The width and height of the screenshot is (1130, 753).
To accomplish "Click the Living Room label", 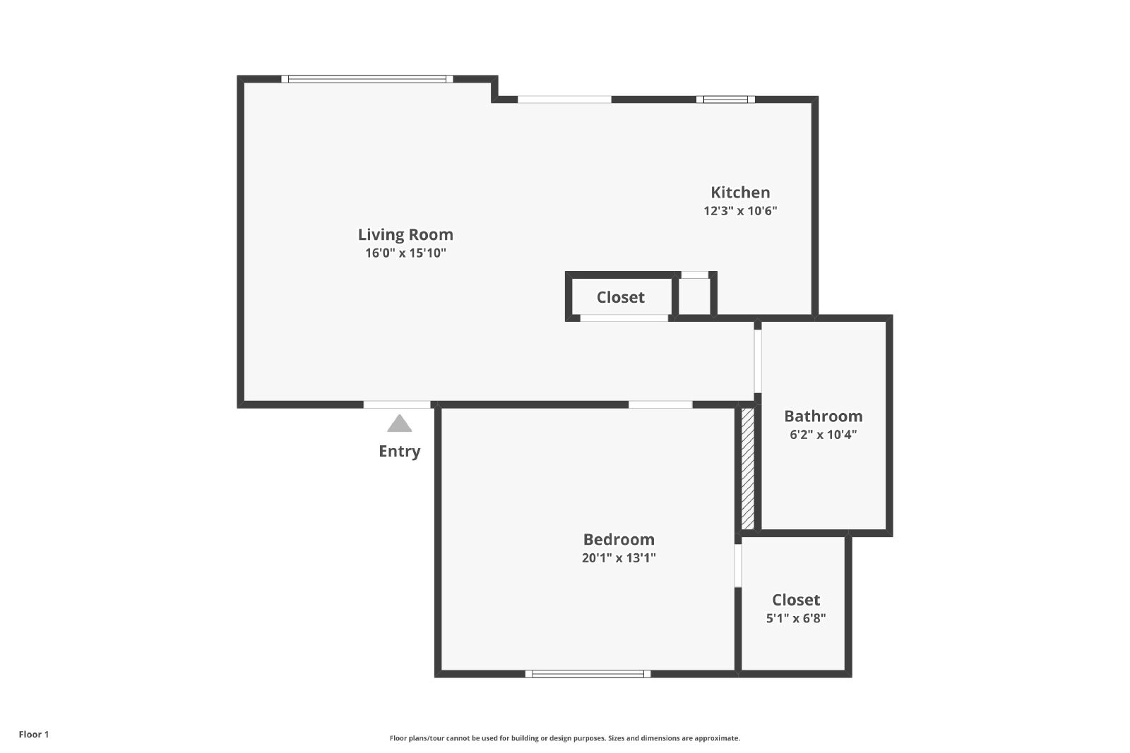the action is (x=405, y=235).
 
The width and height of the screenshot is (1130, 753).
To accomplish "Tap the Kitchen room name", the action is (x=740, y=193).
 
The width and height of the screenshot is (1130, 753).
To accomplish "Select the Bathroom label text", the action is (x=823, y=416).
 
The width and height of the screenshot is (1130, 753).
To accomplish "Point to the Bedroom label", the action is (x=619, y=539).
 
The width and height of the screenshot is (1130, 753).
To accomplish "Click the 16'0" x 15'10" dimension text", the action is (x=405, y=253).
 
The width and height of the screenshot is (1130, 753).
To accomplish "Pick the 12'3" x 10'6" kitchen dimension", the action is (x=740, y=211).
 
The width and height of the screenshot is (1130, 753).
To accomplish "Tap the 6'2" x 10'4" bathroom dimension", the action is (x=823, y=435).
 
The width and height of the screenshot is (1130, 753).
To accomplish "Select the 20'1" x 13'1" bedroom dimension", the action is (x=619, y=558).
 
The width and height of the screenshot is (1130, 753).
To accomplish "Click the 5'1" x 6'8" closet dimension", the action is (x=795, y=618).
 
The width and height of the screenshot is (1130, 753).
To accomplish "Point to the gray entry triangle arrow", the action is (x=400, y=424).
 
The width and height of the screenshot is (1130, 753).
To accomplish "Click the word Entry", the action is (x=400, y=451).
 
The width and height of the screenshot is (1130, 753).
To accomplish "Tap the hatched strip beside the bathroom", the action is (x=748, y=468).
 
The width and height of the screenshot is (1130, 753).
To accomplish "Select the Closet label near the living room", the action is (x=621, y=297).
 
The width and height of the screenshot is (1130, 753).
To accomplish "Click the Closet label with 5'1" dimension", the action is (x=795, y=600).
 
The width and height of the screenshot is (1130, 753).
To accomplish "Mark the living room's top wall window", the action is (x=367, y=79).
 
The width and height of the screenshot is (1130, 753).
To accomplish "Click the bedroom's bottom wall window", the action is (x=588, y=674).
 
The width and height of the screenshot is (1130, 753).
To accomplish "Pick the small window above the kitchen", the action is (x=725, y=100).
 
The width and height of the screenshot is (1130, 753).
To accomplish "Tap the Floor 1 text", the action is (x=34, y=735).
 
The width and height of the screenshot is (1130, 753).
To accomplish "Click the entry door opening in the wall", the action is (x=397, y=404).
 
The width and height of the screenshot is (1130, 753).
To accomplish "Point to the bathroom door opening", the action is (x=758, y=361).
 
